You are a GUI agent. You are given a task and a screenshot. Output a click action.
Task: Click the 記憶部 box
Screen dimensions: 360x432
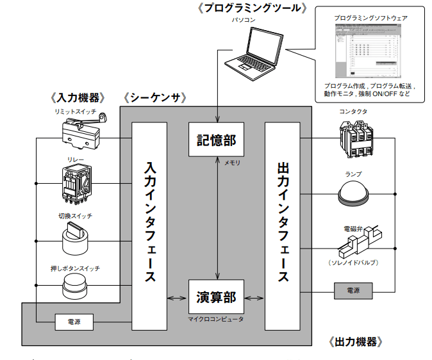216,139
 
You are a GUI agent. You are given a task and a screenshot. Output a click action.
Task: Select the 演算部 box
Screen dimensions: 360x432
216,297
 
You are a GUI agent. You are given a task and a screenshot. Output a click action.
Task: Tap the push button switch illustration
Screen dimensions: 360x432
76,285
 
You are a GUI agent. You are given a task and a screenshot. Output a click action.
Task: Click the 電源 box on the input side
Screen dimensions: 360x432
73,320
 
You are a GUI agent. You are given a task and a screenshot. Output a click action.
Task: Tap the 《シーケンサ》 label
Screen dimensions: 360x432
156,98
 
